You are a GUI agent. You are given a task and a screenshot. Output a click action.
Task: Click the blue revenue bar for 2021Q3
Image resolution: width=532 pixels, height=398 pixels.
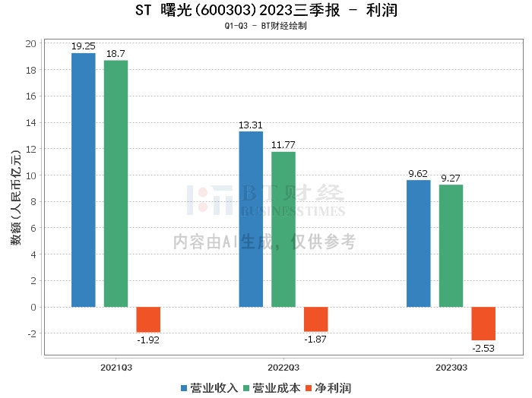84,180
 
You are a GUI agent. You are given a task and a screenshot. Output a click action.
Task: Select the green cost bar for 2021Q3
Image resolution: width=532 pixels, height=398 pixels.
116,184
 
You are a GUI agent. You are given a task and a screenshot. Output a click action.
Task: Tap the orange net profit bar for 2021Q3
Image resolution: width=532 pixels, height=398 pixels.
148,319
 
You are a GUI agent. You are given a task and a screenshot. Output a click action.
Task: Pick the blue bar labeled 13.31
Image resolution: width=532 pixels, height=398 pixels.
251,220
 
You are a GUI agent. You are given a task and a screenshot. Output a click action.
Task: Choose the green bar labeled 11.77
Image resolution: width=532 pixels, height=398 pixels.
283,229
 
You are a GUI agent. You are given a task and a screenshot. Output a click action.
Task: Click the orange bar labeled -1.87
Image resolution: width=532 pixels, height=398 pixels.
315,319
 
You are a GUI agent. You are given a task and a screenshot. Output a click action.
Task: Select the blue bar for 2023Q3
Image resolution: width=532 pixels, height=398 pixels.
419,243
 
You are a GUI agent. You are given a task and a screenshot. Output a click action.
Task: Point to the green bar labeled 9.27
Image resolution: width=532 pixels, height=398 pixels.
451,246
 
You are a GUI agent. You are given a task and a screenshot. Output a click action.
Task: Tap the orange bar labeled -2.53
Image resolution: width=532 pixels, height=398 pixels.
483,324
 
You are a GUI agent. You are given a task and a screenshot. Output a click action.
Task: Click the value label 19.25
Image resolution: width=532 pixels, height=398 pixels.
84,46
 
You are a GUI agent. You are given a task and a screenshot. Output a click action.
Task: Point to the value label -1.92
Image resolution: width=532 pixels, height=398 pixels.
148,340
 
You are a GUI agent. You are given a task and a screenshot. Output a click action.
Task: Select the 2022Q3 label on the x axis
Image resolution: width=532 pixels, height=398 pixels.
283,367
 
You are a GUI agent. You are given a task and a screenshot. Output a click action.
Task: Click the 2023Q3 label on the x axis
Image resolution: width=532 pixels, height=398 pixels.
451,367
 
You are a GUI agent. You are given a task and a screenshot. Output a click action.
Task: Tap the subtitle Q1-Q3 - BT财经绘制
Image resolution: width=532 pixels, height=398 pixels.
266,27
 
